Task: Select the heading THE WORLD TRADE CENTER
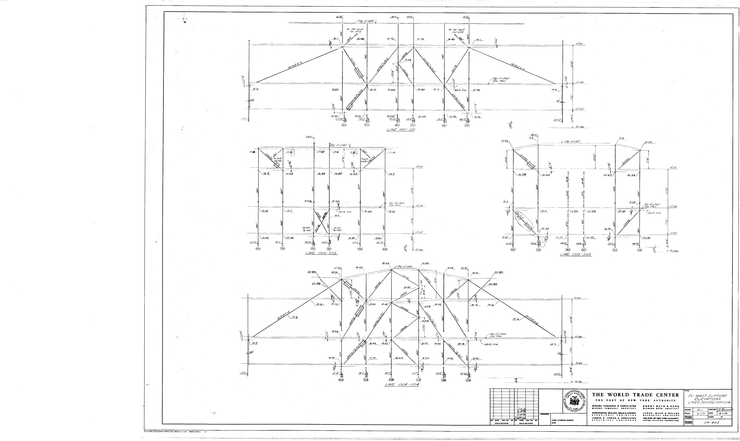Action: (635, 395)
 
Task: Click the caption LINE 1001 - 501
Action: (401, 130)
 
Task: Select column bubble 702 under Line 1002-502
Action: (329, 248)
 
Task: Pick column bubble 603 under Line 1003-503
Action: (615, 250)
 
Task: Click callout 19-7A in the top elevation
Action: (408, 60)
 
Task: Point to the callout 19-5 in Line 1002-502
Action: (337, 216)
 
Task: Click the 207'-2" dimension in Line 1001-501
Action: (558, 120)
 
